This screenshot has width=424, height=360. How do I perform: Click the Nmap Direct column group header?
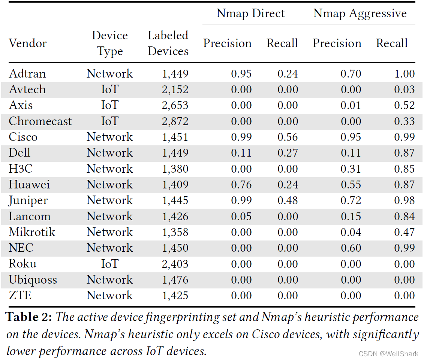(x=250, y=13)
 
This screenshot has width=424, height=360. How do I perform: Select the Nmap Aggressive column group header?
(x=360, y=13)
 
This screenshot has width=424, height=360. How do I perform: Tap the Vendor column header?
(x=28, y=43)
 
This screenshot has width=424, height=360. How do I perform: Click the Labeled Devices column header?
(x=168, y=43)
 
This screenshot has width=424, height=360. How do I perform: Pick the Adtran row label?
(x=27, y=73)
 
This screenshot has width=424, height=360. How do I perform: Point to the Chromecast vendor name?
(x=40, y=121)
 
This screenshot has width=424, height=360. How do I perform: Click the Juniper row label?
(x=28, y=201)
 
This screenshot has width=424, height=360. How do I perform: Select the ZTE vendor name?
(x=20, y=295)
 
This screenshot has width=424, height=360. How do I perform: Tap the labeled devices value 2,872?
(x=175, y=121)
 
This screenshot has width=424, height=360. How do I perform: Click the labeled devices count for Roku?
(x=175, y=264)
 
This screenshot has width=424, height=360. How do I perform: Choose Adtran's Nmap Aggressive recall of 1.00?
(x=405, y=73)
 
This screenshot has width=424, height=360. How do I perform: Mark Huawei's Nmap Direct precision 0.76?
(x=241, y=185)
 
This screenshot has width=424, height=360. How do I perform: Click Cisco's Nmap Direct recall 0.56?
(x=288, y=137)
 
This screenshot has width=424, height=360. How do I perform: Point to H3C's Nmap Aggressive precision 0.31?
(x=351, y=169)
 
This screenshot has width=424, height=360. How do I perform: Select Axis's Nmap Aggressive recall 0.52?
(x=405, y=105)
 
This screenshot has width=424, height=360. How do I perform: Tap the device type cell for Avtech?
(x=110, y=90)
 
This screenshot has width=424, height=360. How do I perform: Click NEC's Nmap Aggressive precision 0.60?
(x=351, y=248)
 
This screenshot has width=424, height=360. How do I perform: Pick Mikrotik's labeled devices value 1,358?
(x=175, y=232)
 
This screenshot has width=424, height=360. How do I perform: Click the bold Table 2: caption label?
(x=28, y=317)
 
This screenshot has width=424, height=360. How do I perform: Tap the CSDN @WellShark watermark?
(x=388, y=354)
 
